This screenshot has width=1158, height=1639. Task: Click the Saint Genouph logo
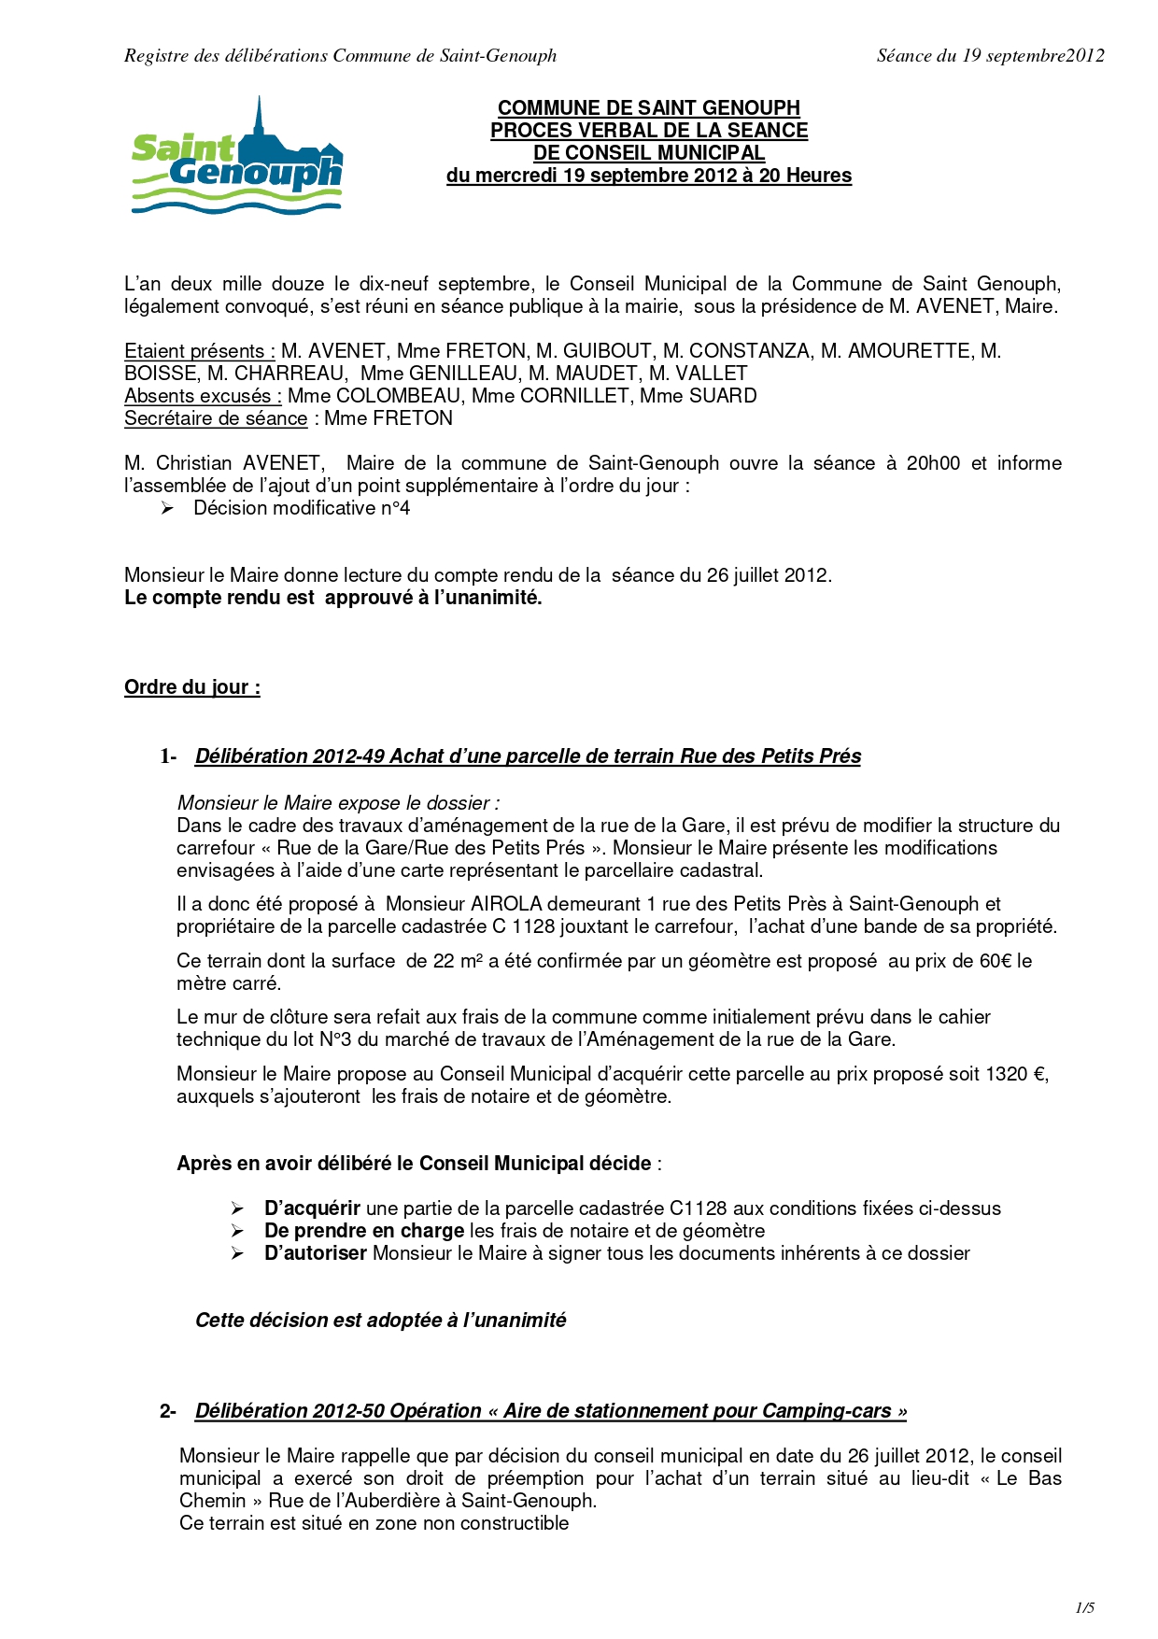point(237,157)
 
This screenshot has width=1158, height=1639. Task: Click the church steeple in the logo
point(260,117)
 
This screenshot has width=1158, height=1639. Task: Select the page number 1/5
point(1084,1607)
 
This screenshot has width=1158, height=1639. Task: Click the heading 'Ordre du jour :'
point(192,687)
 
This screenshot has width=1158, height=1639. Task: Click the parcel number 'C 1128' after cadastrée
point(523,926)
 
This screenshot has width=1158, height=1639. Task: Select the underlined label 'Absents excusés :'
point(203,396)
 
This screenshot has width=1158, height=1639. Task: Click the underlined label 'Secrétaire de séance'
point(216,418)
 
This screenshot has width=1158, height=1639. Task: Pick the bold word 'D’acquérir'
point(312,1208)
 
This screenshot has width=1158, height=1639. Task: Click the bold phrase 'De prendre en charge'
point(364,1231)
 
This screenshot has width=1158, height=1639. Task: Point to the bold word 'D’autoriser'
point(316,1253)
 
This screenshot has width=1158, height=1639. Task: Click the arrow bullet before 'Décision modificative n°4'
point(167,508)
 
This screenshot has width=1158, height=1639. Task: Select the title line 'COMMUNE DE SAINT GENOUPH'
point(649,108)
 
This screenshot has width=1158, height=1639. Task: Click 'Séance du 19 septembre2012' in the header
point(990,56)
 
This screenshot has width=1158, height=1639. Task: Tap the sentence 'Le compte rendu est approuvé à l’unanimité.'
point(333,598)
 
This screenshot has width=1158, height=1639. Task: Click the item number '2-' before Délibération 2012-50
point(168,1411)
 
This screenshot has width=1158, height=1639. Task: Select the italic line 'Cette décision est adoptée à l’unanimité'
point(380,1321)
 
